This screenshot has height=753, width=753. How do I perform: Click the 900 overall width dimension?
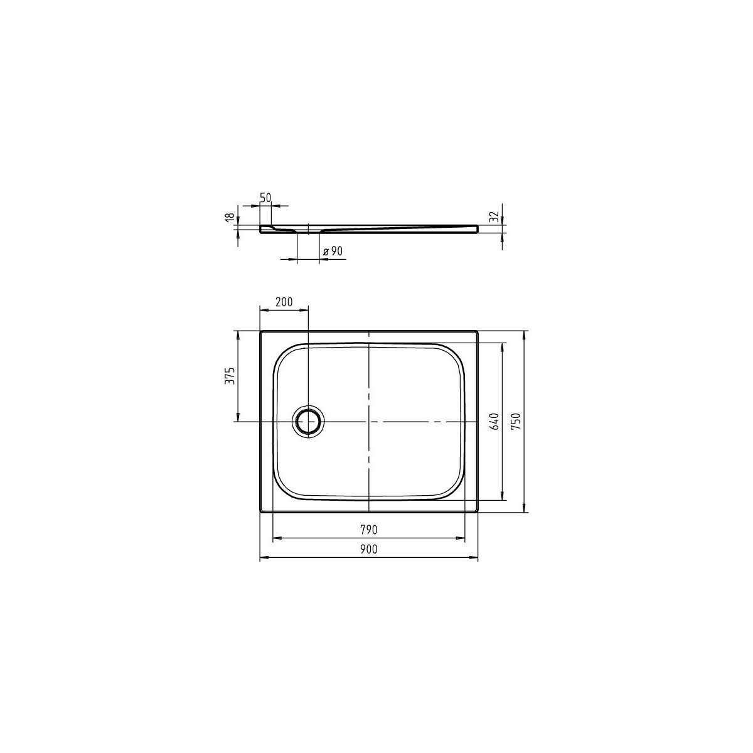tap(368, 549)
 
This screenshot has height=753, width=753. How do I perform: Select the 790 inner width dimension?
tap(368, 530)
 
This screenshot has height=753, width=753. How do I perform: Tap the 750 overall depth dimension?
tap(516, 421)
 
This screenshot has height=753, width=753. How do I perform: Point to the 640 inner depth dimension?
tap(494, 421)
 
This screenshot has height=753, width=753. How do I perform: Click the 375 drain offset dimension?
tap(230, 376)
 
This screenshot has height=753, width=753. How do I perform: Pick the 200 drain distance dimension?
tap(284, 302)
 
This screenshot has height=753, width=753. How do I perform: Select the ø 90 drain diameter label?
tap(333, 251)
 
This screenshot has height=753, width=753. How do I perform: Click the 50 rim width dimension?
tap(265, 198)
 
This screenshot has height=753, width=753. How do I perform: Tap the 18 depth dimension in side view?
tap(230, 217)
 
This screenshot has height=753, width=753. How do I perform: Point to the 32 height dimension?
tap(494, 216)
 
